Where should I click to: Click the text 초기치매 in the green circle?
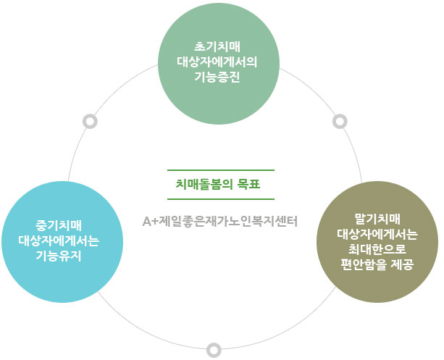click(x=217, y=47)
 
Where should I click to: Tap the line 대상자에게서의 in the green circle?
click(x=217, y=62)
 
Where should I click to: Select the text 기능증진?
click(x=217, y=77)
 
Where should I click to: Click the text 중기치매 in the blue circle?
click(x=59, y=226)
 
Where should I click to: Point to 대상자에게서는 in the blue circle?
click(x=59, y=241)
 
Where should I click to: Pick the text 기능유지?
click(x=59, y=256)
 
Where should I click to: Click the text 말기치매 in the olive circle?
click(x=377, y=219)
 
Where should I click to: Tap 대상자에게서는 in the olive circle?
click(x=377, y=234)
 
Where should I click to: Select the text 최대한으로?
click(x=377, y=249)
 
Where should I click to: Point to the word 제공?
click(x=403, y=264)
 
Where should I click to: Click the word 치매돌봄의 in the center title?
click(x=204, y=185)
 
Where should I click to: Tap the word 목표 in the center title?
click(x=248, y=185)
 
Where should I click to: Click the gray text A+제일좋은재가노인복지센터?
click(x=220, y=222)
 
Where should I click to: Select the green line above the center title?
click(x=221, y=170)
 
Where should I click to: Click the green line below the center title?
click(x=221, y=199)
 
